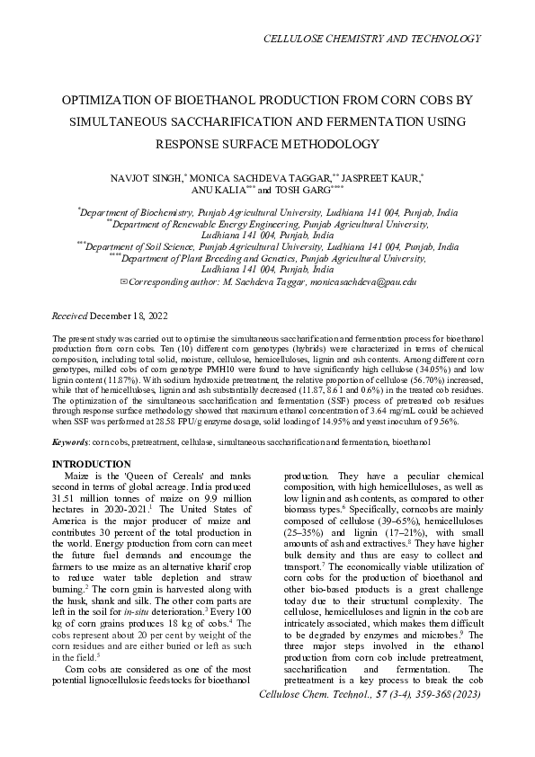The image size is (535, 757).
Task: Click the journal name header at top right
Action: pyautogui.click(x=370, y=39)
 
